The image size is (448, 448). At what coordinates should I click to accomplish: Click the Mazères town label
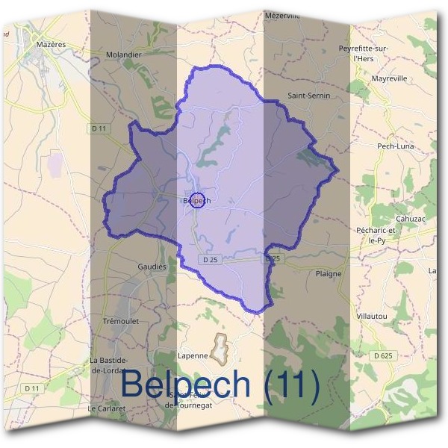51,44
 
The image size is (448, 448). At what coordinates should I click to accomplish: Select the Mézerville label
281,16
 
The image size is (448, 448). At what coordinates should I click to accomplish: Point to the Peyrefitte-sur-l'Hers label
364,53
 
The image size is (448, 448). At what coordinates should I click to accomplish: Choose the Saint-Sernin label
308,96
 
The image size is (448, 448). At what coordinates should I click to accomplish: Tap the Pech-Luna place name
396,146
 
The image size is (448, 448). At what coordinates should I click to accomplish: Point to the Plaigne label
329,274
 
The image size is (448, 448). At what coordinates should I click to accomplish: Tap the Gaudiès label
151,267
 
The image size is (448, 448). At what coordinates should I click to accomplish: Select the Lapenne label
193,356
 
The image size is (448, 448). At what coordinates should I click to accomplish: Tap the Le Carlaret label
105,409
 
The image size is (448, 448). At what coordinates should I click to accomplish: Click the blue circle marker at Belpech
197,200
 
